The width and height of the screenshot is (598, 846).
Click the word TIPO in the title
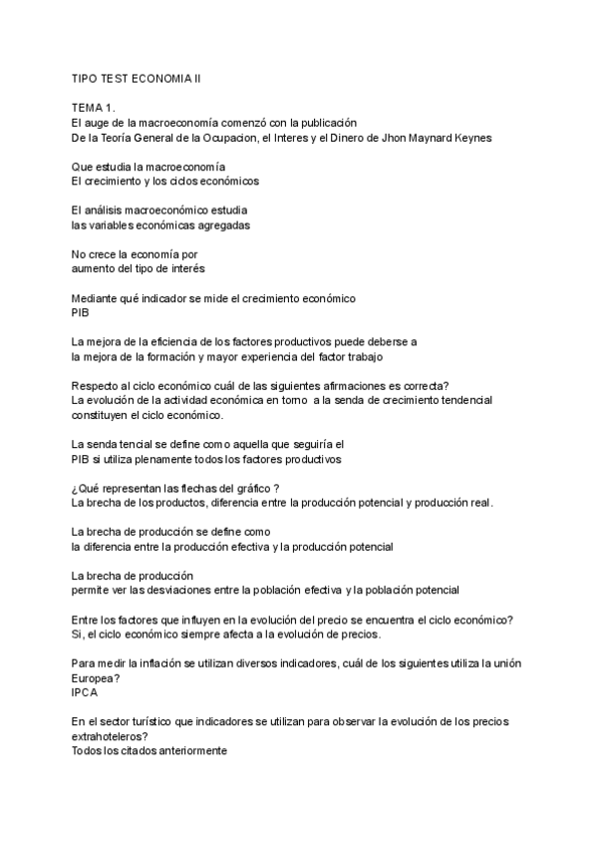coord(85,76)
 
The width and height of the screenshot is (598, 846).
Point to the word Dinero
coord(350,137)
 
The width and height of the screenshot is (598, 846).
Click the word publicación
coord(328,122)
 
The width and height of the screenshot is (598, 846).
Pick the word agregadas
coord(221,224)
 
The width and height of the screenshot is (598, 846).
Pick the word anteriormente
coord(189,751)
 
